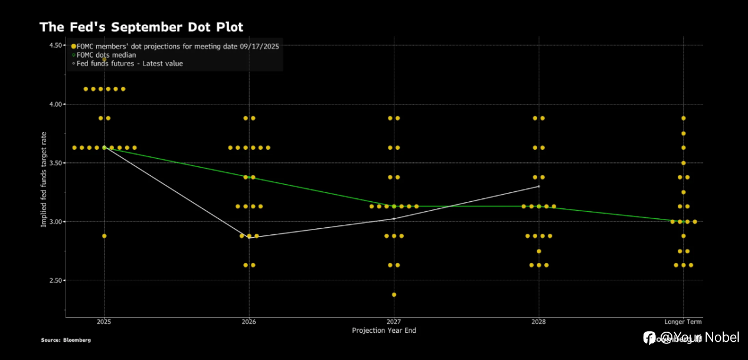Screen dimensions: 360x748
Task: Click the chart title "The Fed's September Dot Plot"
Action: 141,27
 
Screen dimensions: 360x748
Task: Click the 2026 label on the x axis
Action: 249,322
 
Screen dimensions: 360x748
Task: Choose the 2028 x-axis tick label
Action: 538,322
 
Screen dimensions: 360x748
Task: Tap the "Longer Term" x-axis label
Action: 683,322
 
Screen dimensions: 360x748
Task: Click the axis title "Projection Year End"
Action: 384,330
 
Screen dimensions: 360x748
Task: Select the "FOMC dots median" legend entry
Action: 106,55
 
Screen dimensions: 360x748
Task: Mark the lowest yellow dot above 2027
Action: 394,294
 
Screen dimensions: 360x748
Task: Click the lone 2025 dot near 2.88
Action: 104,236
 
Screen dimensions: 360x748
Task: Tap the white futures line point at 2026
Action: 249,238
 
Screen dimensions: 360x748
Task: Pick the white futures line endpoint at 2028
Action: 538,186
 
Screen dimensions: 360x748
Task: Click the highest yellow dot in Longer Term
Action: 683,118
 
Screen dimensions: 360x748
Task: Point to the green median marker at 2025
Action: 104,148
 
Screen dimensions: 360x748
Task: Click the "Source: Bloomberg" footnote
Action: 66,340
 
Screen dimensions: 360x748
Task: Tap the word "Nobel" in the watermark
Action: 722,338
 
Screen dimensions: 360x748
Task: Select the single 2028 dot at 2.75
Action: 538,251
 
